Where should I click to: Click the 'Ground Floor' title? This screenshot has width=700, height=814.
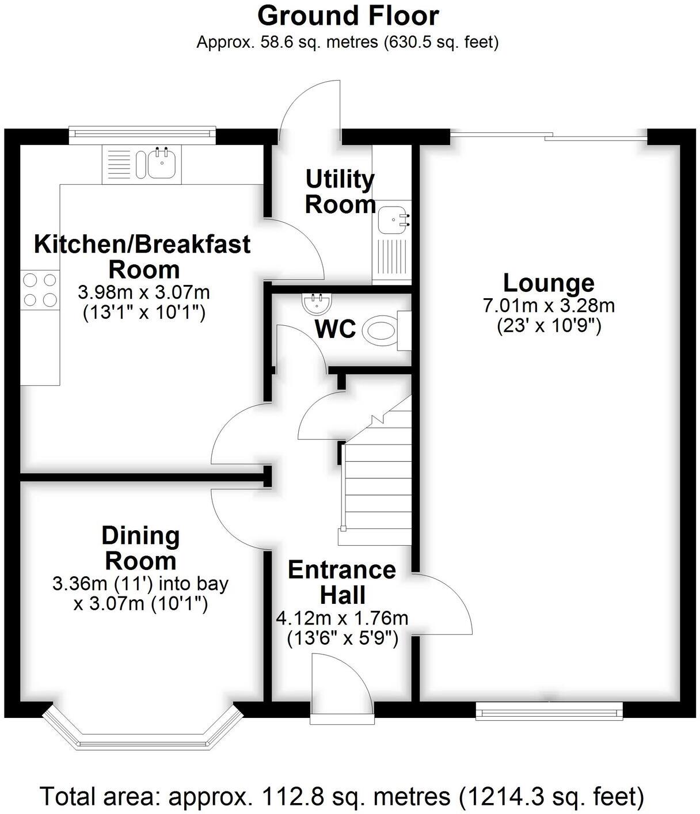click(x=348, y=16)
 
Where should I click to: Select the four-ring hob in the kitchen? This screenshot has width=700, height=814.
click(x=40, y=290)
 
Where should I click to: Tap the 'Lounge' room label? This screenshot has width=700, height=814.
click(x=548, y=283)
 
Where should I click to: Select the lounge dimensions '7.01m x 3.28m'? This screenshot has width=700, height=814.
click(x=548, y=305)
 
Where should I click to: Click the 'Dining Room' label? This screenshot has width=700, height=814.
click(x=140, y=548)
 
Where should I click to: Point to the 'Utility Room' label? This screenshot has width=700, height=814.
click(x=340, y=192)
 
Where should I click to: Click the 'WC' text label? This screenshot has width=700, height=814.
click(x=335, y=329)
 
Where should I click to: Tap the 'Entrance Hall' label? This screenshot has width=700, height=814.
click(x=342, y=582)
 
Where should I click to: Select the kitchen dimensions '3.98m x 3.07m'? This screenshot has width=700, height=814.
click(x=143, y=292)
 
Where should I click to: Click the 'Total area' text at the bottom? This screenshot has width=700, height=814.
click(x=341, y=797)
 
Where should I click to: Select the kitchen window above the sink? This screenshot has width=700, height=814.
click(x=142, y=134)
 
